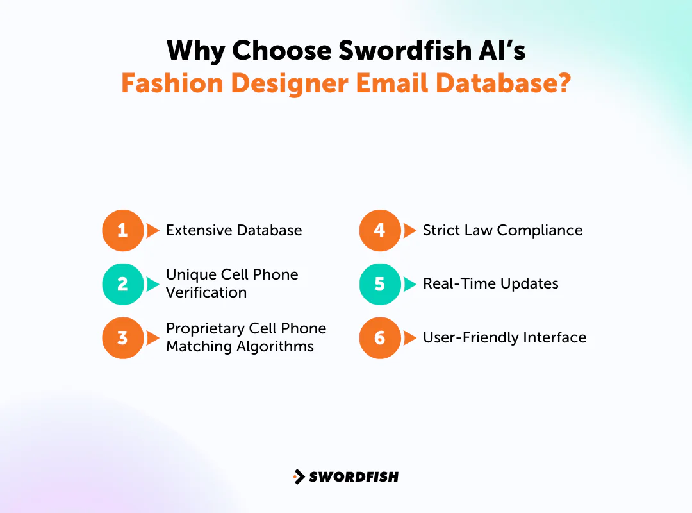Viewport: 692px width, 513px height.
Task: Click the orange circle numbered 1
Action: [122, 230]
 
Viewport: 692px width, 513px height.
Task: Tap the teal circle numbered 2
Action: [122, 284]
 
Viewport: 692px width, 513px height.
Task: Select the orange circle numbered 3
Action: [122, 337]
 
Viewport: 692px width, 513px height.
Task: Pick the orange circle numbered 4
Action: [379, 230]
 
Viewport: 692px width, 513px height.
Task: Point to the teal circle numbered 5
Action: [379, 284]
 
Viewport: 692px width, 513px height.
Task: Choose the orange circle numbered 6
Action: [379, 337]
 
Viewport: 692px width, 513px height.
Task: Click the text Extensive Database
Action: [234, 231]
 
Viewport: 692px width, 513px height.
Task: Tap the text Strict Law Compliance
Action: [502, 231]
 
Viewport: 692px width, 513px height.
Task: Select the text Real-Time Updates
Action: [491, 284]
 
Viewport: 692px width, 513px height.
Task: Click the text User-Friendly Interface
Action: [504, 337]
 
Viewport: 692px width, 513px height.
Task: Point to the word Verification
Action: [206, 292]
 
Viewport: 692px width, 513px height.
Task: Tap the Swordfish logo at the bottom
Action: [346, 476]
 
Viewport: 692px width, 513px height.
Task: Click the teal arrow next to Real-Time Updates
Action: [409, 284]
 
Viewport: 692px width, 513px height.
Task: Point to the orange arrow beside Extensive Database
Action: [152, 230]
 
